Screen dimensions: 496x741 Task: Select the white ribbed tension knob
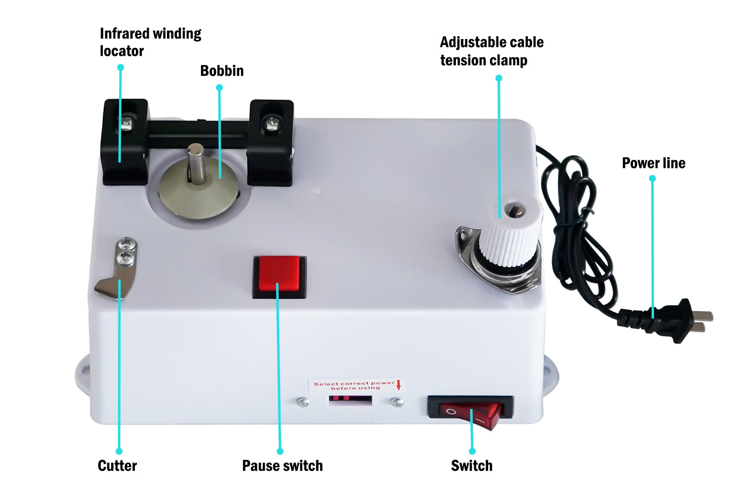[509, 233]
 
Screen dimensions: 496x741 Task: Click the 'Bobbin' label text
[222, 71]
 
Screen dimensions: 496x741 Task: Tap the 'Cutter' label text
[117, 465]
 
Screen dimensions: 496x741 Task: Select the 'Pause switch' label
[282, 465]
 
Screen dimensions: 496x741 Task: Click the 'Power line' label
[653, 163]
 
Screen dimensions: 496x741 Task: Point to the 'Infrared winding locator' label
[150, 42]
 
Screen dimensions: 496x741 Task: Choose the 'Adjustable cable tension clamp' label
[491, 51]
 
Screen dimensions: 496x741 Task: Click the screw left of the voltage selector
[303, 403]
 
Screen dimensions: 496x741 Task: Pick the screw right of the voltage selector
[397, 402]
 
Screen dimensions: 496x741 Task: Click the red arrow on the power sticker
[399, 385]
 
